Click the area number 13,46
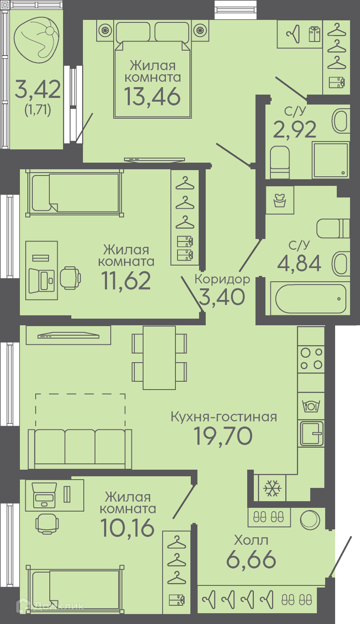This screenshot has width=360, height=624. [152, 96]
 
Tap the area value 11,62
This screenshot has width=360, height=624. [126, 280]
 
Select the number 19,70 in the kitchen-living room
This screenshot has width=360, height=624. [223, 436]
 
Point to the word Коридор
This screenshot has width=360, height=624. [222, 279]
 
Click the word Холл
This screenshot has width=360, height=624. [251, 540]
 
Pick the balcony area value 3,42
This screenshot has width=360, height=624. [38, 89]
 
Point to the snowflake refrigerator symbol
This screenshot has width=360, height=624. [272, 488]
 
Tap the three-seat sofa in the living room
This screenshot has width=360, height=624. [80, 448]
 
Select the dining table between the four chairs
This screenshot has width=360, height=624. [159, 358]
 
